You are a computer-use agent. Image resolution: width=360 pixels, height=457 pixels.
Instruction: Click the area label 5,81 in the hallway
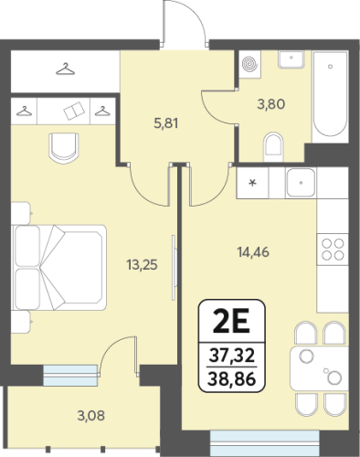pos(166,123)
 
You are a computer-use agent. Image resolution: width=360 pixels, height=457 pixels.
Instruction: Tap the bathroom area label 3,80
pos(271,104)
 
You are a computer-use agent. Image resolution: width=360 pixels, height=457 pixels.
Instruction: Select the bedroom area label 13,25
pos(143,265)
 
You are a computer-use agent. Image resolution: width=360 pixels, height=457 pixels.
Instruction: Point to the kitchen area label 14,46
pos(253,252)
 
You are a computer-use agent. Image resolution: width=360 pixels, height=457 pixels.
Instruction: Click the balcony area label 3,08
pos(91,416)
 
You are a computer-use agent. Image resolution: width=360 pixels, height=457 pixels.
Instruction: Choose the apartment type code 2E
pos(232,321)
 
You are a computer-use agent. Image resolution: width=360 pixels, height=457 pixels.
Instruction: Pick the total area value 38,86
pos(232,379)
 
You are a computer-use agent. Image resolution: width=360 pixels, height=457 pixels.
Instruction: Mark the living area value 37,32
pos(232,356)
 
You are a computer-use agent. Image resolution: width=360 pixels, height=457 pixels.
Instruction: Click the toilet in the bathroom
pos(273,147)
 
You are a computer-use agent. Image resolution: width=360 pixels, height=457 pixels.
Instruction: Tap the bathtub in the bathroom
pos(331,96)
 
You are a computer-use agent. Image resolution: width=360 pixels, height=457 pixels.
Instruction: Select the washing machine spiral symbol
pos(250,64)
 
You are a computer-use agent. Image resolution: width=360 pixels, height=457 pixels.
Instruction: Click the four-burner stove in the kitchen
pos(333,250)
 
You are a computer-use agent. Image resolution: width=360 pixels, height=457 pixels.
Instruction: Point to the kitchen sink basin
pos(301,183)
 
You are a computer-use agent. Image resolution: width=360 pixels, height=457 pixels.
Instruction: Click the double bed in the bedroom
pos(59,268)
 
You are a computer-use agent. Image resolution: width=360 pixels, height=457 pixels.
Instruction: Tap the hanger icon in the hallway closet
pos(65,69)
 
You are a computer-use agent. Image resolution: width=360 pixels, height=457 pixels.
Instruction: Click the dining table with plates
pos(319,368)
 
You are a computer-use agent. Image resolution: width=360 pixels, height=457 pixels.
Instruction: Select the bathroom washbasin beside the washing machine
pos(291,59)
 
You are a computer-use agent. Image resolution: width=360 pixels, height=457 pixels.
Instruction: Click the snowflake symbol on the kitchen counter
pos(252,183)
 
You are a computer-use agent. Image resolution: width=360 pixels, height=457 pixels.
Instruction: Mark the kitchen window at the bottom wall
pos(265,443)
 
